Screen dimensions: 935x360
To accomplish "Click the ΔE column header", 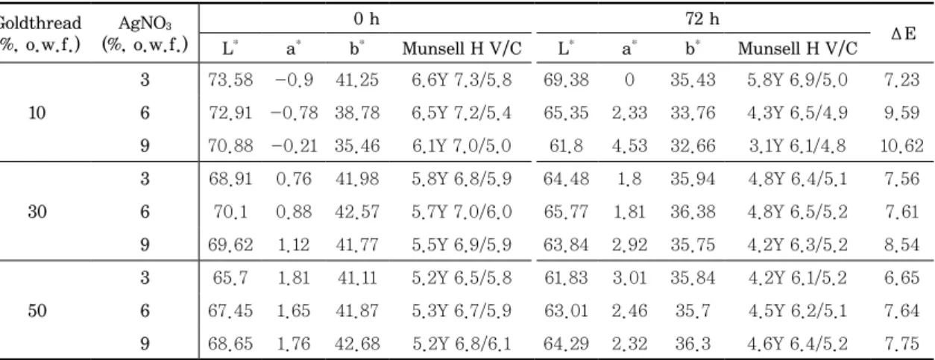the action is click(903, 34).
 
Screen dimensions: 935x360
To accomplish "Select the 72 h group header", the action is click(702, 19).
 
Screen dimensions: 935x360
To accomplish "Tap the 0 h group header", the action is click(367, 19).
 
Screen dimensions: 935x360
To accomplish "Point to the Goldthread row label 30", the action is click(37, 212).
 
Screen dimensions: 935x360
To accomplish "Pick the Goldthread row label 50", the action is click(37, 311).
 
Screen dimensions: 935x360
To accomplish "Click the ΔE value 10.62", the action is click(901, 145).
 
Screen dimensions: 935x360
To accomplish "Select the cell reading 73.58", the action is click(230, 80).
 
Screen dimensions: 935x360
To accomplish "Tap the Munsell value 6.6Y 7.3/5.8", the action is click(462, 80).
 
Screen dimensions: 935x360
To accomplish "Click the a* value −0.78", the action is click(294, 113).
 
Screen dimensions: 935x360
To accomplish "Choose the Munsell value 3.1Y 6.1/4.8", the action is click(797, 145).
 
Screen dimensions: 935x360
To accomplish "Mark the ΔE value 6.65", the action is click(901, 278).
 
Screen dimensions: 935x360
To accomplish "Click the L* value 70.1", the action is click(230, 212).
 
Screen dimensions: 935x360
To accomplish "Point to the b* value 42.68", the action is click(357, 344).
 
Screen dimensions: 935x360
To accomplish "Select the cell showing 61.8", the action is click(566, 145).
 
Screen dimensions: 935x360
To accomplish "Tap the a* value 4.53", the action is click(629, 145).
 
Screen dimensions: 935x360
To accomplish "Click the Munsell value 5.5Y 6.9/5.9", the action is click(462, 245).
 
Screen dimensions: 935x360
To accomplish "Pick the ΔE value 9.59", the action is click(901, 113).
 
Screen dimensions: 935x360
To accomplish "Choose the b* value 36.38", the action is click(693, 212).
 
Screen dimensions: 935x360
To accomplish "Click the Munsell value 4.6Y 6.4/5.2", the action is click(797, 344).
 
